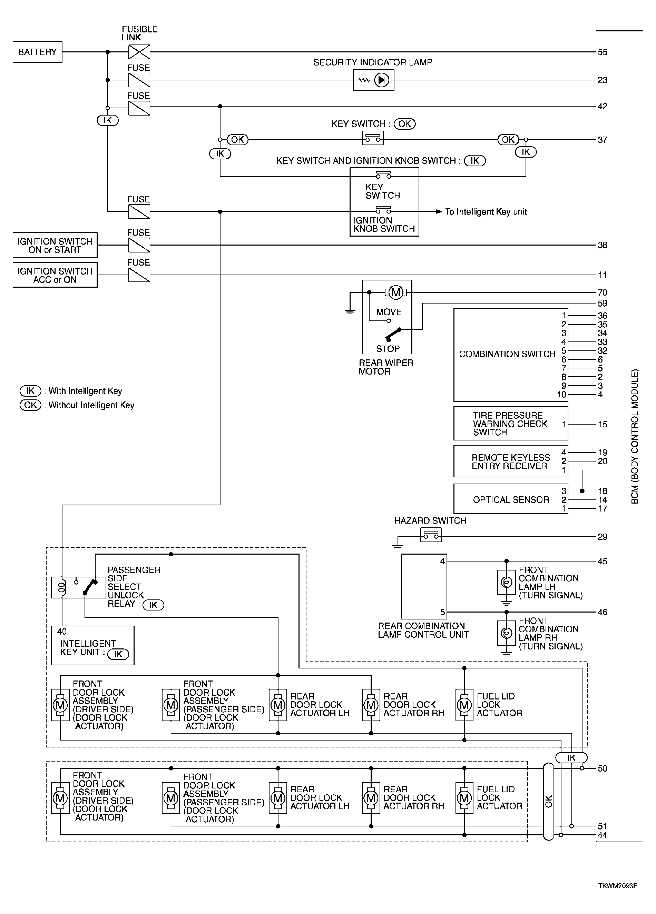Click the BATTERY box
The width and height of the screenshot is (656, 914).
pos(38,52)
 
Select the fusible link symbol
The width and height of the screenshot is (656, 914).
pos(139,52)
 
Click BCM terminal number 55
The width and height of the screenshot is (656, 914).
pos(603,52)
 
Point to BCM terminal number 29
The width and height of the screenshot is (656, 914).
pos(603,537)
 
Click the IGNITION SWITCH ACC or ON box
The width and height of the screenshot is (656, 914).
pos(55,275)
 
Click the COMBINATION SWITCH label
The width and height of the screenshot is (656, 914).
pos(507,354)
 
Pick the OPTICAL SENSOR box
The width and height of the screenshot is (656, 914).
pos(510,500)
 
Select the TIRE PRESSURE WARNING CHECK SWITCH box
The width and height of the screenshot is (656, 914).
pos(510,424)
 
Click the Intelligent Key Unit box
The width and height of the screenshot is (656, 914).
pos(92,646)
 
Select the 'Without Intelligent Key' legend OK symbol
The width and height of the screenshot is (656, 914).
pos(31,405)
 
